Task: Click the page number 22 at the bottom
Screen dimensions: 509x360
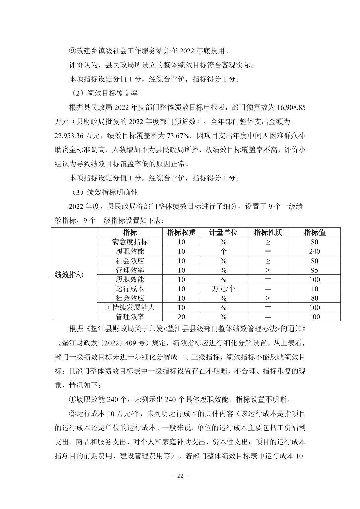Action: point(180,476)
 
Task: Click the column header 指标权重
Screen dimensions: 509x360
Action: point(181,232)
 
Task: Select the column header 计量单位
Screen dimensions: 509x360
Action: point(223,232)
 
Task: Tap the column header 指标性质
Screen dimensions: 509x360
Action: point(268,232)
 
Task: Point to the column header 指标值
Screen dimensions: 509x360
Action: point(314,232)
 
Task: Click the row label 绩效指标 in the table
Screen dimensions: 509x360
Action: point(69,275)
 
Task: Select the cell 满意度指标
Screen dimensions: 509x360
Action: point(130,242)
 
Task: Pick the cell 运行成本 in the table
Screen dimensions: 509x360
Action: point(130,289)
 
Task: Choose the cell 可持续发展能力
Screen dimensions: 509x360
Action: point(130,307)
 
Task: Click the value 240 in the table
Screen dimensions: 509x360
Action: point(314,251)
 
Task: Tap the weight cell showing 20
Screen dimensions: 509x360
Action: point(181,317)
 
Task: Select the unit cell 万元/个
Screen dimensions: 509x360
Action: point(223,289)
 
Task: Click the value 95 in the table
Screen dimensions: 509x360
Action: point(314,270)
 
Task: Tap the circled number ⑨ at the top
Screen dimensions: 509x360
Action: point(73,51)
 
